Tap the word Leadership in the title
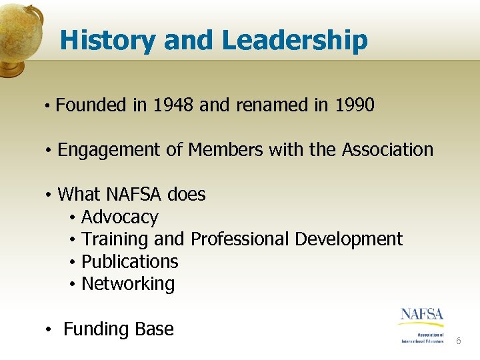point(295,41)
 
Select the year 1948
point(175,105)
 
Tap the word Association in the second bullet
point(387,150)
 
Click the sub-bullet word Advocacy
point(119,217)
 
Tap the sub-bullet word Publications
point(129,261)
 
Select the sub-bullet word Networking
point(128,284)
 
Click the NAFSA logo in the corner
point(423,324)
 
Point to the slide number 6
point(458,341)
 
